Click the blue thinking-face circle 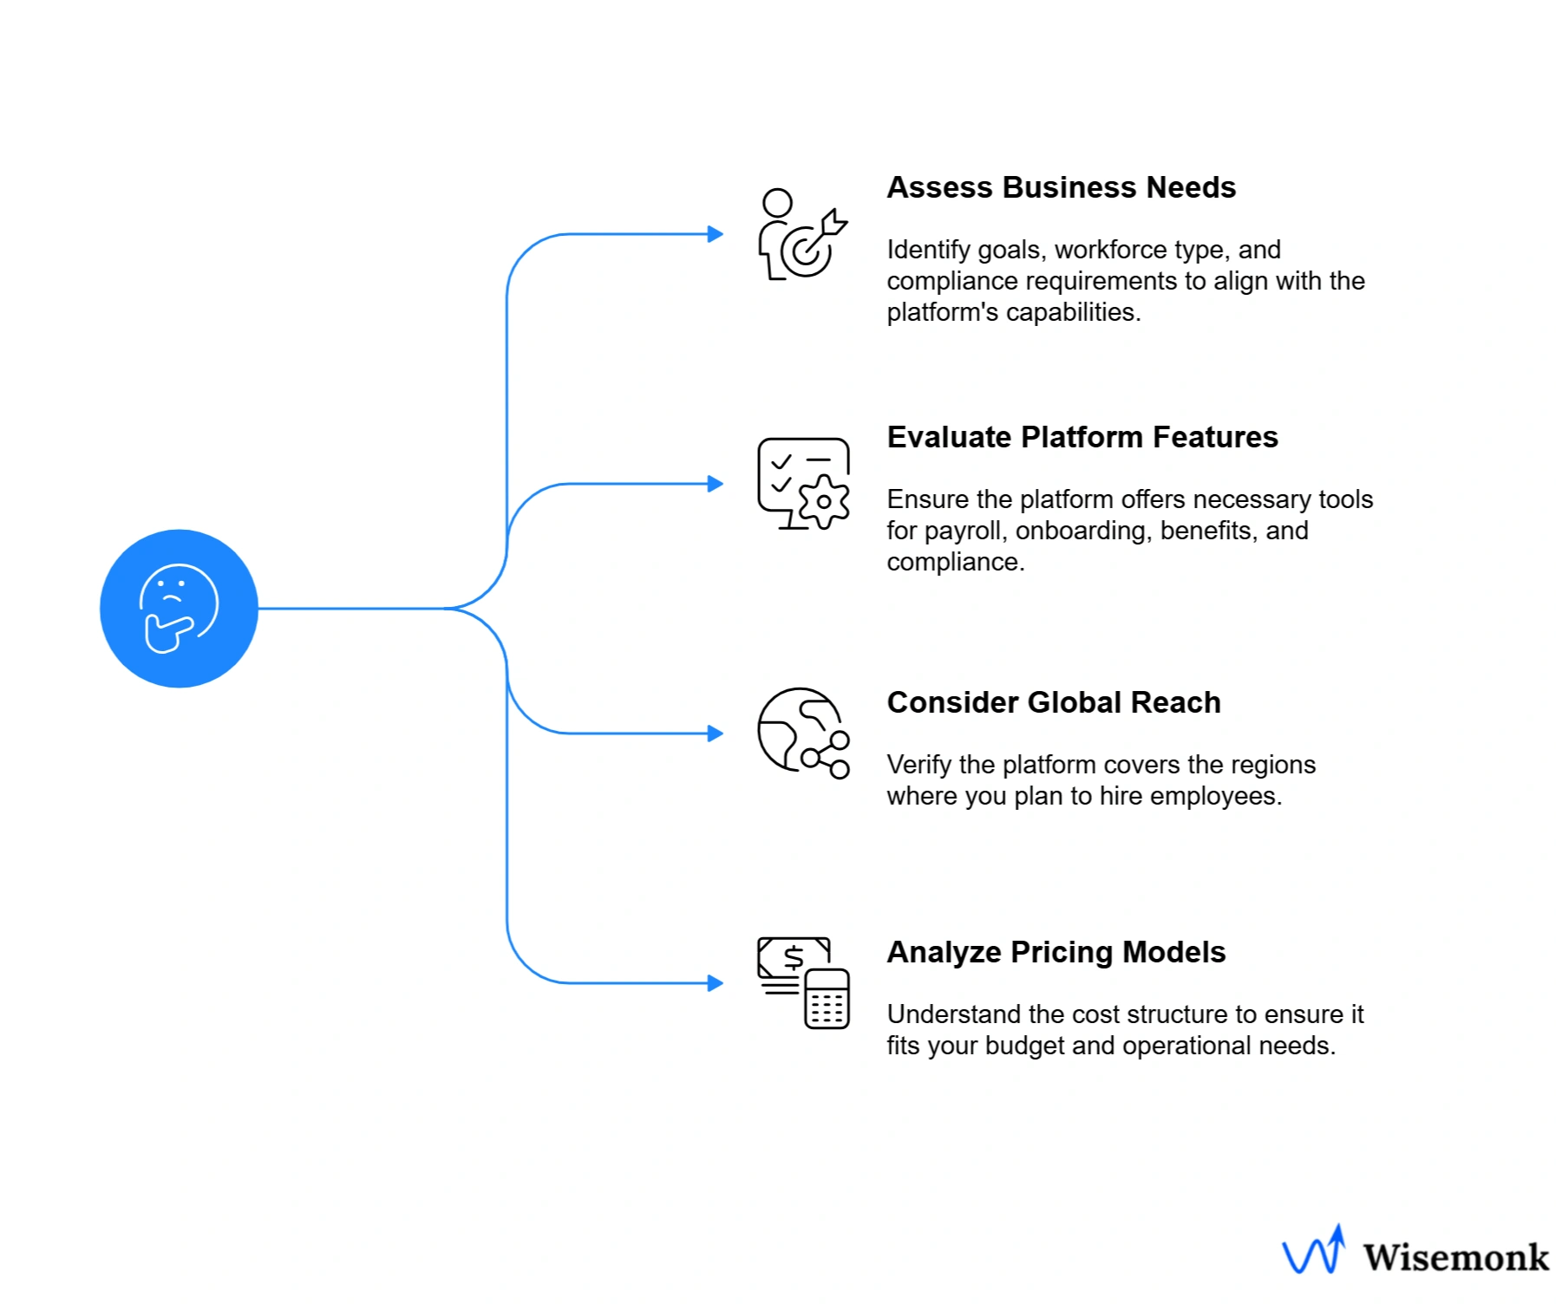(x=179, y=608)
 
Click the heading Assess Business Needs (x=1060, y=187)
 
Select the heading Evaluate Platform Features (x=1082, y=437)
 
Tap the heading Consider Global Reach (x=1053, y=702)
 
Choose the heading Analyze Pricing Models (x=1056, y=952)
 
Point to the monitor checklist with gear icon (x=803, y=484)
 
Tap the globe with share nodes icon (x=803, y=733)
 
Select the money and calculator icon (x=803, y=983)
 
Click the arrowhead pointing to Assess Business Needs (x=716, y=234)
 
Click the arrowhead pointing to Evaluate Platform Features (x=716, y=484)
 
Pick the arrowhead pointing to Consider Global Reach (x=716, y=733)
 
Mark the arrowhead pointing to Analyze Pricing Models (x=716, y=983)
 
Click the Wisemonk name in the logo (x=1455, y=1258)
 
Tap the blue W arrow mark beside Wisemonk (x=1314, y=1251)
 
